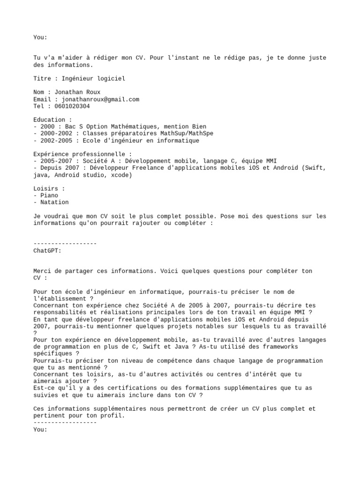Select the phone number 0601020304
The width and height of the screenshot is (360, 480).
(x=72, y=106)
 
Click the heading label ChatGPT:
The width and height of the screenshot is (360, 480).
(x=47, y=251)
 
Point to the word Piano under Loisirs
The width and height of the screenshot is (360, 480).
(x=49, y=195)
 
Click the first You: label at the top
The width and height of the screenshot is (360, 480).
(x=40, y=37)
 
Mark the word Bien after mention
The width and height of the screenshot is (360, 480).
(x=199, y=127)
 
